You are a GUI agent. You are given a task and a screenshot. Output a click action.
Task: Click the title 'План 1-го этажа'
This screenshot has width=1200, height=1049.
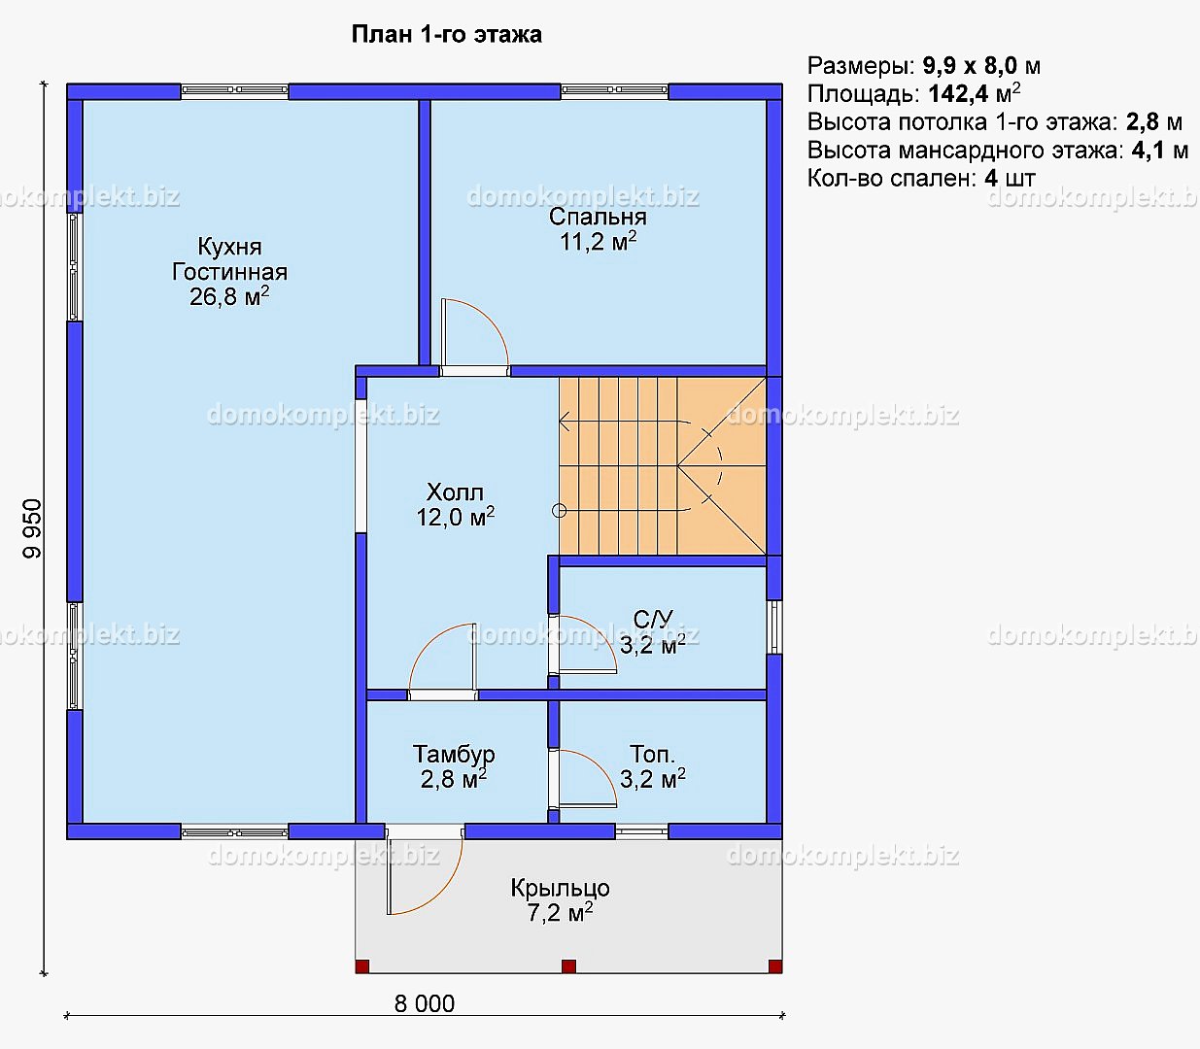click(x=446, y=35)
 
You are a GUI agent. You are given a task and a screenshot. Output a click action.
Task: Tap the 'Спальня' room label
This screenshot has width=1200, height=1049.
click(x=598, y=217)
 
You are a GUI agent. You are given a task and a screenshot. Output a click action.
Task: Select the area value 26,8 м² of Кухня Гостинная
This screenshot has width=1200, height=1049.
click(x=229, y=296)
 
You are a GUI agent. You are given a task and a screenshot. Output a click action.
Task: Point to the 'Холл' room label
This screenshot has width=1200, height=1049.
click(x=455, y=491)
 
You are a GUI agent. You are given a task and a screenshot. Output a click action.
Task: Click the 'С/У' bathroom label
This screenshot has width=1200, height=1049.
click(x=653, y=619)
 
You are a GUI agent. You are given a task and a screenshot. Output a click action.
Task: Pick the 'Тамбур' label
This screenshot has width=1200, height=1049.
click(x=454, y=754)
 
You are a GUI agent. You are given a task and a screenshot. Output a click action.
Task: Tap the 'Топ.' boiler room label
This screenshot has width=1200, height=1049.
click(x=652, y=754)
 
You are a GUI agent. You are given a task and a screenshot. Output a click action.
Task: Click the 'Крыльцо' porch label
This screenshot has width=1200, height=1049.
click(x=560, y=889)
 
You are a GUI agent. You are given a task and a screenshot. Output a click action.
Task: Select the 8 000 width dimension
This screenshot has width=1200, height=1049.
click(x=425, y=1004)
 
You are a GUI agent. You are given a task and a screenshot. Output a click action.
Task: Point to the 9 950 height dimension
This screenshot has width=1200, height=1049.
click(x=32, y=528)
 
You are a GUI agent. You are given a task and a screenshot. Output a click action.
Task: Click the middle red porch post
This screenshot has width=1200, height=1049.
click(x=569, y=966)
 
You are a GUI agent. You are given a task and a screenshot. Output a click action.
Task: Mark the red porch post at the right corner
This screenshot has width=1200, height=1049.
click(x=775, y=966)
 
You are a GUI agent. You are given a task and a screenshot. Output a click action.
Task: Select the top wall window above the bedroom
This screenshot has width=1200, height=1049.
click(x=615, y=90)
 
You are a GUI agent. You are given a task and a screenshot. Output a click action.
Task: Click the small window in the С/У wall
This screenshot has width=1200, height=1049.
click(x=774, y=626)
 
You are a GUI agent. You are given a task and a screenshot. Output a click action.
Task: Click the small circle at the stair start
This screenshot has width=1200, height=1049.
click(x=559, y=511)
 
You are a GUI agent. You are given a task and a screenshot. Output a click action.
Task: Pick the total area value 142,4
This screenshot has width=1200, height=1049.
click(x=958, y=93)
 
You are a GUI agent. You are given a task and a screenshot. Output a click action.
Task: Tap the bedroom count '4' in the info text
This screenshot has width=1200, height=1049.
click(x=991, y=179)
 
